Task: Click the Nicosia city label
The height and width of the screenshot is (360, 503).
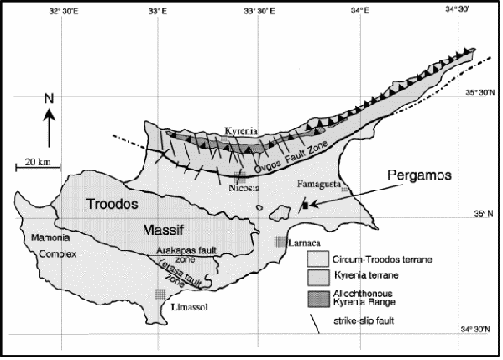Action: pyautogui.click(x=243, y=190)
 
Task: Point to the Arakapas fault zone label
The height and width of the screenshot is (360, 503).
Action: pyautogui.click(x=184, y=255)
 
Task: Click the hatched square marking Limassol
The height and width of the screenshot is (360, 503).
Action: pyautogui.click(x=160, y=294)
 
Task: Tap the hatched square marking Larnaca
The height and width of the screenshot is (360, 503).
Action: pyautogui.click(x=280, y=242)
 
